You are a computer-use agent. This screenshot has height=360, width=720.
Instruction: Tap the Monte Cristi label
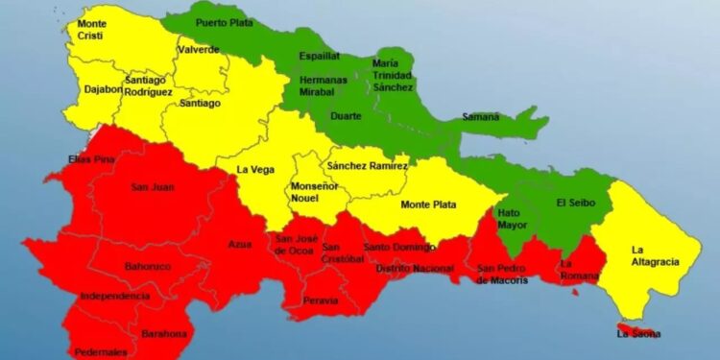[x=92, y=30]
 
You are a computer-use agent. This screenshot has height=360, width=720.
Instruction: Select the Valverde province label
[x=198, y=49]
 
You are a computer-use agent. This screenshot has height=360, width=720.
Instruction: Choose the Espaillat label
[x=319, y=56]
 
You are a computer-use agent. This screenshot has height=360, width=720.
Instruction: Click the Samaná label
[x=480, y=117]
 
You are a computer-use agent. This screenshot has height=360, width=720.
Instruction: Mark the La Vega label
[x=255, y=170]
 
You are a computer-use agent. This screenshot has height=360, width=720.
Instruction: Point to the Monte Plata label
[x=428, y=204]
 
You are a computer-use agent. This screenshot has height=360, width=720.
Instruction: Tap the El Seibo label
[x=574, y=204]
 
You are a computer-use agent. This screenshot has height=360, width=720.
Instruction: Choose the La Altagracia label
[x=655, y=255]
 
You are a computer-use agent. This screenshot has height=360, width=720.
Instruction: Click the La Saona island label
[x=638, y=334]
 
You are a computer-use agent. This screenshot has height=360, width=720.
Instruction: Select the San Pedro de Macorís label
[x=503, y=274]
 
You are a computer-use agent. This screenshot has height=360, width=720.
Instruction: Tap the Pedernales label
[x=101, y=351]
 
